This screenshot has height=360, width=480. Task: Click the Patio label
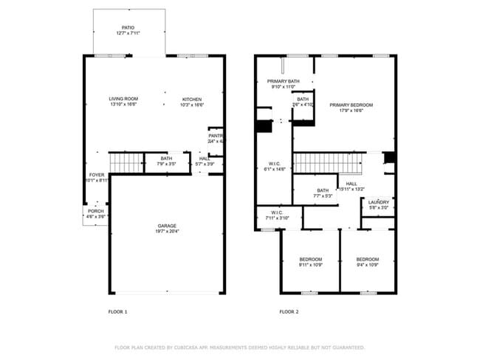click(x=128, y=30)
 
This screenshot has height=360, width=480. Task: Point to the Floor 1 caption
click(x=118, y=312)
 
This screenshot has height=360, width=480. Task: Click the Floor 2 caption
click(x=289, y=312)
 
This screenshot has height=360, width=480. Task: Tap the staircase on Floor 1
click(x=125, y=162)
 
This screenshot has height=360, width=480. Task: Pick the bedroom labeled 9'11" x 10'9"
click(x=310, y=262)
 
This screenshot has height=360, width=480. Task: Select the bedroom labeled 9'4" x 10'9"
click(x=367, y=262)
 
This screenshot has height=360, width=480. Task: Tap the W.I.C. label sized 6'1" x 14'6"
click(x=273, y=166)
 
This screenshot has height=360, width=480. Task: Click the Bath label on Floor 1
click(x=165, y=160)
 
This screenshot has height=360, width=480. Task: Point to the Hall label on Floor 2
click(x=352, y=187)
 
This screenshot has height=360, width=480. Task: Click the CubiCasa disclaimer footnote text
click(x=239, y=347)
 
